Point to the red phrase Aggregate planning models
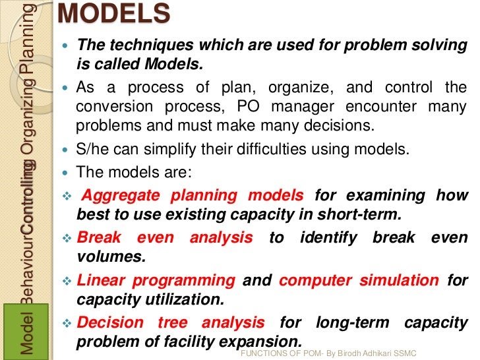[191, 195]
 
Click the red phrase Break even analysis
[164, 237]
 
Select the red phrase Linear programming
[156, 280]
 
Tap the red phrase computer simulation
[359, 280]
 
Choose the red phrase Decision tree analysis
[171, 323]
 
